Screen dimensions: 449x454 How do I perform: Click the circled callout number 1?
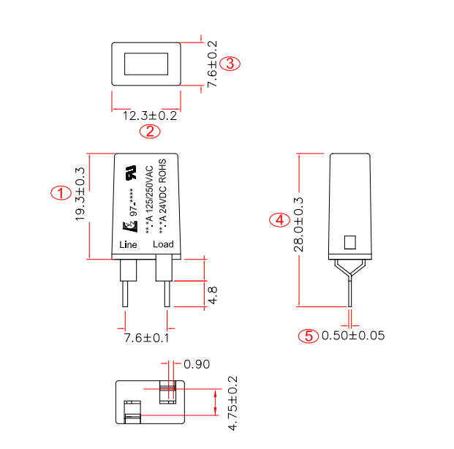click(61, 193)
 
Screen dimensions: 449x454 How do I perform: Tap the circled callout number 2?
click(150, 132)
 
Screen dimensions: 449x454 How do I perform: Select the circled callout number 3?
click(230, 64)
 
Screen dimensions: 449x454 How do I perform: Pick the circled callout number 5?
click(309, 336)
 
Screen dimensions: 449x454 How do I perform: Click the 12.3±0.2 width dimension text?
click(150, 116)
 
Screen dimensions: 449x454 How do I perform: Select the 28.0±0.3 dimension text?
click(299, 224)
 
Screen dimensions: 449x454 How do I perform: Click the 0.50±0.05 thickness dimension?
click(353, 336)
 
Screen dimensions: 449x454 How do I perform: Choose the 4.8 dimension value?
click(213, 295)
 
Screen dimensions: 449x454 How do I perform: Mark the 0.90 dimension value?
click(197, 364)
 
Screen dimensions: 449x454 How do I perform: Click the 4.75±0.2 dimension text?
click(233, 404)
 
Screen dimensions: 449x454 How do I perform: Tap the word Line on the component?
click(128, 244)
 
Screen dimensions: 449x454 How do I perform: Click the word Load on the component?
click(163, 244)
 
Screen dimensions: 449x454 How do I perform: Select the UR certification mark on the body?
click(133, 174)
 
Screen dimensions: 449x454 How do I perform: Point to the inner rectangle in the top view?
click(146, 64)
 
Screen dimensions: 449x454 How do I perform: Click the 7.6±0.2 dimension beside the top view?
click(212, 64)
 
